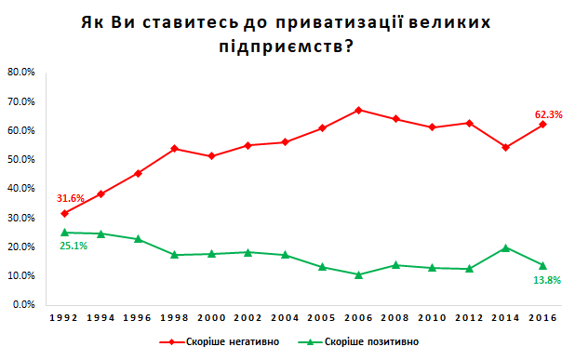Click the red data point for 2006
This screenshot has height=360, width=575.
click(358, 110)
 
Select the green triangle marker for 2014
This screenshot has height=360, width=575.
click(505, 247)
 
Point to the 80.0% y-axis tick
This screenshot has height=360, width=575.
click(20, 72)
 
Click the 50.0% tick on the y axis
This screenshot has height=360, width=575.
click(20, 159)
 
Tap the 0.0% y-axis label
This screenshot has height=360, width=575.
click(22, 304)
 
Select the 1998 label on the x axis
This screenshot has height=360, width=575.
click(174, 318)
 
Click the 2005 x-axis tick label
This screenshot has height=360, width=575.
click(321, 318)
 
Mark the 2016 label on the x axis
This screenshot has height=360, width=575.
click(542, 318)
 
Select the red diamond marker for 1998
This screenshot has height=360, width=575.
click(174, 149)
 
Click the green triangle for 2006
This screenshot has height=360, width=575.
click(358, 274)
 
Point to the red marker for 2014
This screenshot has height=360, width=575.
click(505, 147)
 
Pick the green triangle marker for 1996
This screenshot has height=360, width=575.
click(138, 239)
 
